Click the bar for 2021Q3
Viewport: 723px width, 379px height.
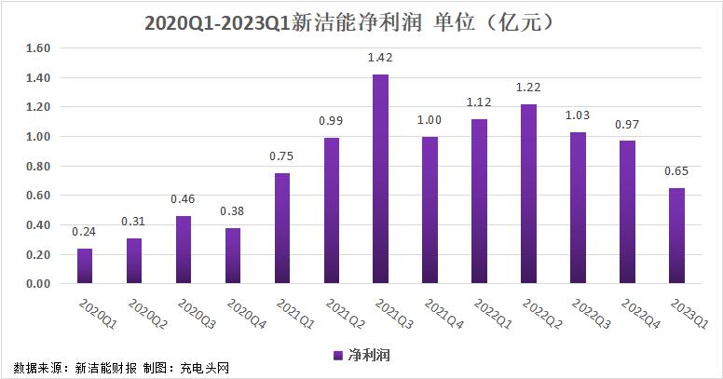(x=380, y=179)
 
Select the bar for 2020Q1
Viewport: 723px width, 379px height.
(x=85, y=265)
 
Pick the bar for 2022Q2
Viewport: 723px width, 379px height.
(x=528, y=194)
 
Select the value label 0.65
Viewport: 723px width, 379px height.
(x=676, y=172)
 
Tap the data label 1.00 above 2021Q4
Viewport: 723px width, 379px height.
(x=430, y=120)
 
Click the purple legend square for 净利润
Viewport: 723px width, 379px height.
(x=337, y=356)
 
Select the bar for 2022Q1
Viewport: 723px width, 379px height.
(x=479, y=201)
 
